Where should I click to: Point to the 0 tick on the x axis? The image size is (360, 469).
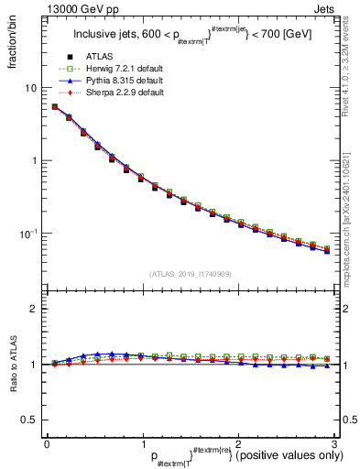pos(47,442)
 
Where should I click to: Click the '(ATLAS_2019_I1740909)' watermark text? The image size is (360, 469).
pos(190,274)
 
